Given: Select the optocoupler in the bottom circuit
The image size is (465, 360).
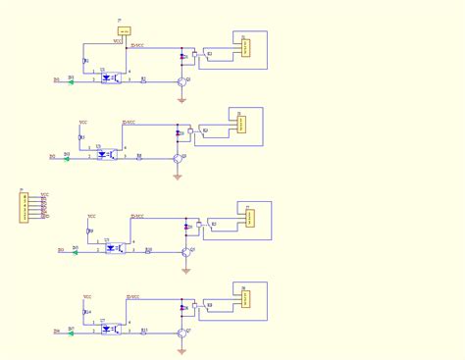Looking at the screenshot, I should click(111, 328).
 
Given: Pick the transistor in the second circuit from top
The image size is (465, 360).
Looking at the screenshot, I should click(178, 158).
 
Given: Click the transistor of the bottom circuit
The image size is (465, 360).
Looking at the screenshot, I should click(182, 333).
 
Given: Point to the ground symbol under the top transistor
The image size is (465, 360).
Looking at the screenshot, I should click(181, 99).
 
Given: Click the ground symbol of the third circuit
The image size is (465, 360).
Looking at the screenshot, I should click(185, 270).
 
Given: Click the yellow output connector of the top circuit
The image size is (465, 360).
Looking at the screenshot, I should click(245, 47).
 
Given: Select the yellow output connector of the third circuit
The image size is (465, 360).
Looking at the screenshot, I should click(250, 218).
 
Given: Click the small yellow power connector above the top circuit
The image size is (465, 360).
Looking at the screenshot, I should click(124, 32).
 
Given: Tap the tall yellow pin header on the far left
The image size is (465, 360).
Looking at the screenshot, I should click(24, 208).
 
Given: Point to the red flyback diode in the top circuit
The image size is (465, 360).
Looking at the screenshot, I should click(181, 57).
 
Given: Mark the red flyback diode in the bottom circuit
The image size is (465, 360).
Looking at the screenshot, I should click(182, 308).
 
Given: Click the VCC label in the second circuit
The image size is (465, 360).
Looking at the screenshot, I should click(83, 123).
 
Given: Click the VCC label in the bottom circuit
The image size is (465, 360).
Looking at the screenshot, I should click(86, 295).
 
